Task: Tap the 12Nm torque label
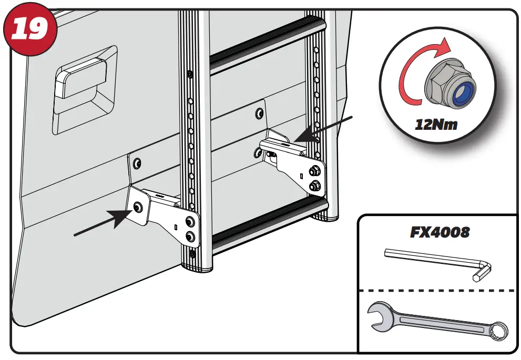(x=435, y=125)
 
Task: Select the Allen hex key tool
(x=436, y=261)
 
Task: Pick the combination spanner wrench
(x=437, y=320)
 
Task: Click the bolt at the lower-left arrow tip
(x=138, y=207)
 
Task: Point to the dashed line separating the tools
(x=436, y=290)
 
